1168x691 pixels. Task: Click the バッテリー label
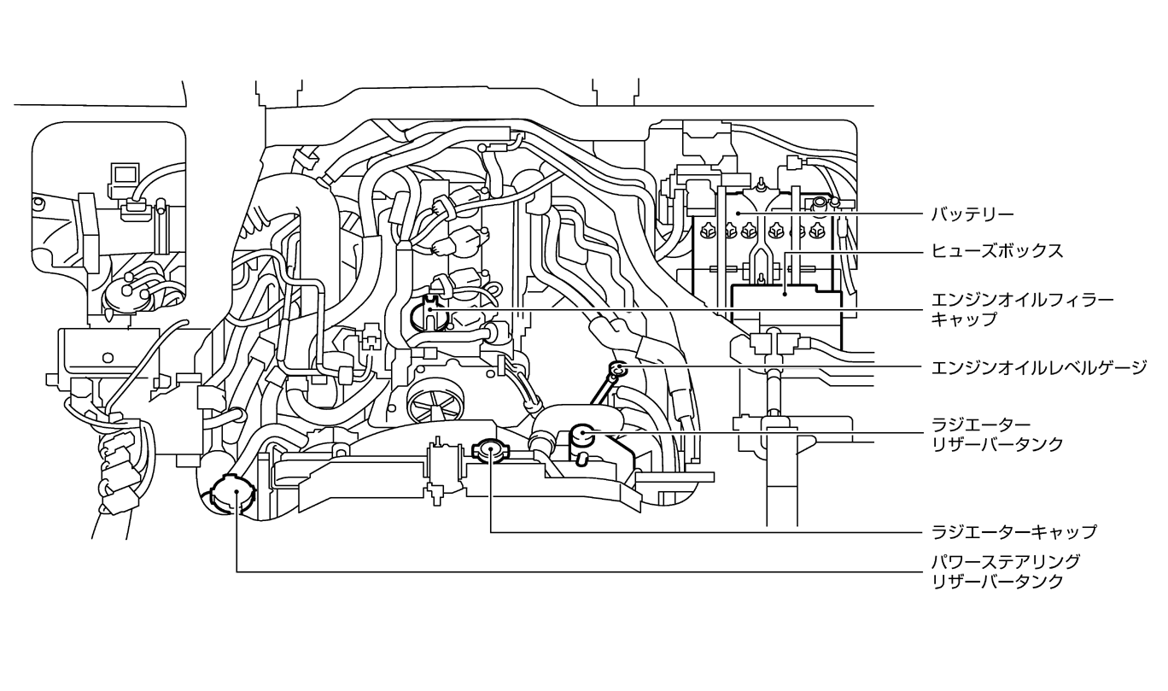pyautogui.click(x=972, y=214)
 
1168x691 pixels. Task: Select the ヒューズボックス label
pyautogui.click(x=997, y=251)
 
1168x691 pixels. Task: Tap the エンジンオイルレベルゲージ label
pyautogui.click(x=1039, y=367)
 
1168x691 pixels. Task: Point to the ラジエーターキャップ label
pyautogui.click(x=1014, y=532)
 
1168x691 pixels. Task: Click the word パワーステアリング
pyautogui.click(x=1006, y=562)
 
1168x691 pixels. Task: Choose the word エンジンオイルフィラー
pyautogui.click(x=1023, y=301)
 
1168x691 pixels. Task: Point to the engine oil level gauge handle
pyautogui.click(x=618, y=369)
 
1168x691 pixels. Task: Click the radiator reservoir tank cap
pyautogui.click(x=582, y=435)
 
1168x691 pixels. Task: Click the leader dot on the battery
pyautogui.click(x=738, y=214)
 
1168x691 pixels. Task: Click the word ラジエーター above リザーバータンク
pyautogui.click(x=981, y=425)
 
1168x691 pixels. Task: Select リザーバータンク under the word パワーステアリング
pyautogui.click(x=997, y=581)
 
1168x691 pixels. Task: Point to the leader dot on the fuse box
pyautogui.click(x=785, y=294)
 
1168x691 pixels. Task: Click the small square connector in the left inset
pyautogui.click(x=126, y=173)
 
